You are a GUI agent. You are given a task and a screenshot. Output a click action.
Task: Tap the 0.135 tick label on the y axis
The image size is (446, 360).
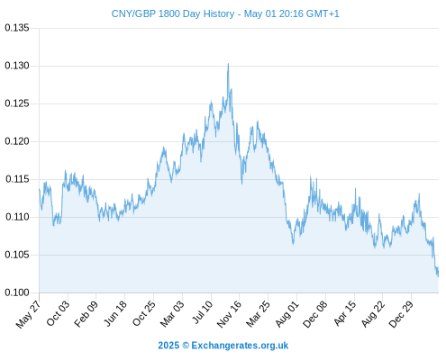(x=17, y=28)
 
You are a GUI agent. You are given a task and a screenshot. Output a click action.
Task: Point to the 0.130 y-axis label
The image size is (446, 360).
(x=17, y=66)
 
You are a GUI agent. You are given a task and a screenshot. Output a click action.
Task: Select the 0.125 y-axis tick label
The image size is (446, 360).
(x=17, y=103)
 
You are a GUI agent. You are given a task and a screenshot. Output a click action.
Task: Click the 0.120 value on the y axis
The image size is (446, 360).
(x=17, y=141)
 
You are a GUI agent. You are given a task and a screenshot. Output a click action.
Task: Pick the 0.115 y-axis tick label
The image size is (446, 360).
(x=17, y=179)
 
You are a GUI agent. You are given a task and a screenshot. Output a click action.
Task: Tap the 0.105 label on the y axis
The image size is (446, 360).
(x=17, y=255)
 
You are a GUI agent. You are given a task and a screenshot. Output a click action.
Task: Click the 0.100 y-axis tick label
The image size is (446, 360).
(x=17, y=292)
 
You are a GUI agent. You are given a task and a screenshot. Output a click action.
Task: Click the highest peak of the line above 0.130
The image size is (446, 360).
(x=228, y=64)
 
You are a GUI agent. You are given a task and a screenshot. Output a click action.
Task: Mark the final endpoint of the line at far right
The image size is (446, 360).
(x=438, y=276)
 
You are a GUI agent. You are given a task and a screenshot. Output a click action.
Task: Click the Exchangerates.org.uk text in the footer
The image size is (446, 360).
(x=240, y=346)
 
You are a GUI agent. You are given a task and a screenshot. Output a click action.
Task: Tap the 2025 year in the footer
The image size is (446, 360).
(x=168, y=346)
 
